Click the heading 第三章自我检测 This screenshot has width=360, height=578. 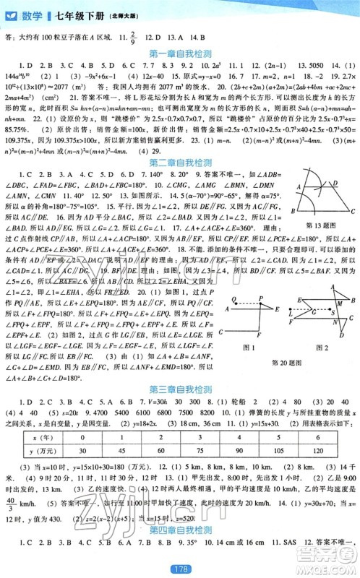tap(180, 389)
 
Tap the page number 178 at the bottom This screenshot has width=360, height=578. tap(180, 569)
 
